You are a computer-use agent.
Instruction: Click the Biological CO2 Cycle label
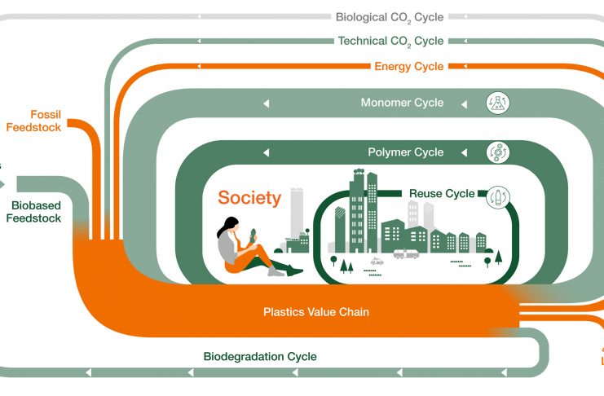[390, 16]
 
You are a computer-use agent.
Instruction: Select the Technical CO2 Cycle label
[391, 41]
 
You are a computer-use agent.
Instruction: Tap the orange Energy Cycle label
[409, 66]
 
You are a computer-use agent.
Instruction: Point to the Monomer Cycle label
[402, 103]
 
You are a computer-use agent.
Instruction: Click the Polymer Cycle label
[406, 152]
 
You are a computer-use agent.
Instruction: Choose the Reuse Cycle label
[441, 194]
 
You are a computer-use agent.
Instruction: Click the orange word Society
[249, 197]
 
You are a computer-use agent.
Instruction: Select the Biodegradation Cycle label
[259, 356]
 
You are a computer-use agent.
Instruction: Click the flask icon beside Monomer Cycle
[496, 103]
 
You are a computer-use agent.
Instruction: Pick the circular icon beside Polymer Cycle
[496, 152]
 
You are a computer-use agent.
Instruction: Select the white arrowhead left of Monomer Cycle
[266, 103]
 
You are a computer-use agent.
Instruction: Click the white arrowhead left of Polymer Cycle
[266, 152]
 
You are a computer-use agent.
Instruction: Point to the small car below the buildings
[377, 262]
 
